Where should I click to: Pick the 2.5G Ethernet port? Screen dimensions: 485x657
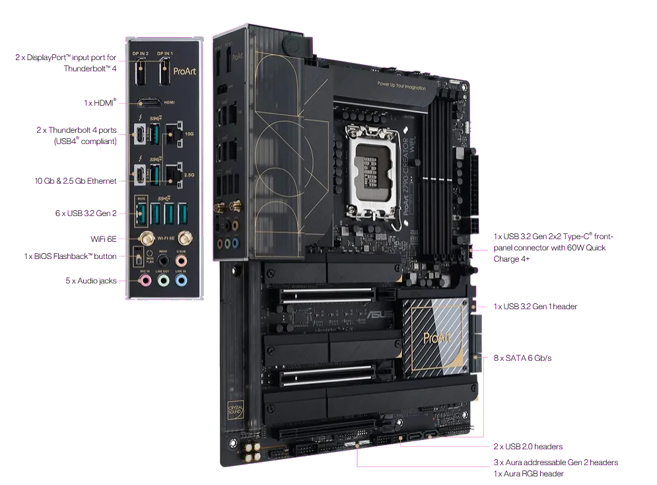[x=175, y=174]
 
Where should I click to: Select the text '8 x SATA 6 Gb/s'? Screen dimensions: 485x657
[x=522, y=357]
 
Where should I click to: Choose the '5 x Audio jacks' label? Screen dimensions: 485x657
[x=90, y=281]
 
